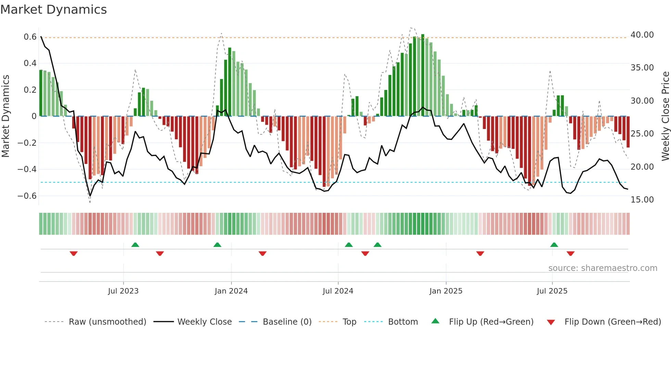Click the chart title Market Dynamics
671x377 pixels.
pos(53,10)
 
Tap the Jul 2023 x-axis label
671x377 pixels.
pos(123,291)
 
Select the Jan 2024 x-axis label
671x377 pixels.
pos(231,291)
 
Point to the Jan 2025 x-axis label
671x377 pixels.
pos(446,291)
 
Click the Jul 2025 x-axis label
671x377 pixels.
pos(552,291)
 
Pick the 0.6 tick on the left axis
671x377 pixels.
pos(30,37)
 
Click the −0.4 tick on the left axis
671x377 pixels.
pos(27,169)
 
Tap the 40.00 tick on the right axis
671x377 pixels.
pos(642,35)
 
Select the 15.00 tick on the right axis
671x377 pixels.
pos(642,200)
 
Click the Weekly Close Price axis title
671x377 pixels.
pos(665,116)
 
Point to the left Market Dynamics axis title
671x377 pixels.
pos(5,116)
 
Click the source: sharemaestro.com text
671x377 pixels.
pos(603,268)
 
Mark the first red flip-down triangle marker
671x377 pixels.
pos(74,253)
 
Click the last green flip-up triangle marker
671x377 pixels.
pos(554,245)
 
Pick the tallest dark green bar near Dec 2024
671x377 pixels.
pos(423,75)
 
